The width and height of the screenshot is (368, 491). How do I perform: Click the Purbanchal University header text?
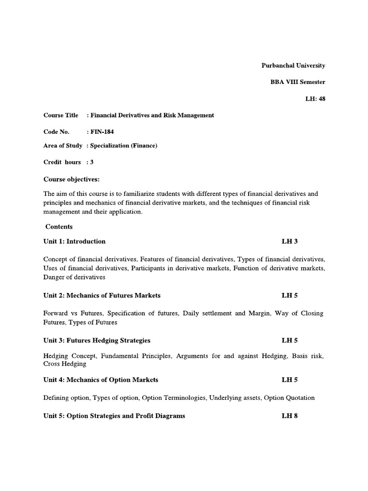(x=293, y=65)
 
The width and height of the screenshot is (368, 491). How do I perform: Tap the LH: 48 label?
(x=315, y=99)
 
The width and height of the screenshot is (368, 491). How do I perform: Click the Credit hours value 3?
(x=92, y=162)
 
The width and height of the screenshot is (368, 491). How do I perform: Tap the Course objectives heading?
(x=71, y=179)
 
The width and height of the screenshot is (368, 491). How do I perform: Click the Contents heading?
(x=59, y=226)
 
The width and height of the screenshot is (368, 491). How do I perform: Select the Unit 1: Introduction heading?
(x=74, y=241)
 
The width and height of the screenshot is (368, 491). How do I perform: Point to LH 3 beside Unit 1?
(x=290, y=241)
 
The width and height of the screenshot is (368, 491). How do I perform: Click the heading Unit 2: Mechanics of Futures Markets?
(x=102, y=295)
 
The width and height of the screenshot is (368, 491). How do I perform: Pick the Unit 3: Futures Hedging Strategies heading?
(x=97, y=340)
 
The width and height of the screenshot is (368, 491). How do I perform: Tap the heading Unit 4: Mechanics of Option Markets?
(x=101, y=380)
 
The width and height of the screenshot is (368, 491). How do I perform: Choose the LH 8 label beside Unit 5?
(x=289, y=416)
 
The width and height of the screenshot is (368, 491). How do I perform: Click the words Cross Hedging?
(x=65, y=364)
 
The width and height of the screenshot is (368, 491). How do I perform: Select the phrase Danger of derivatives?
(x=74, y=277)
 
